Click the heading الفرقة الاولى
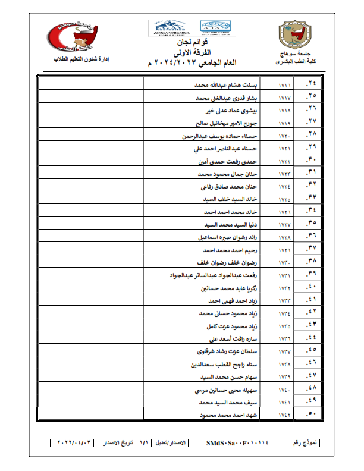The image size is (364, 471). tap(190, 53)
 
